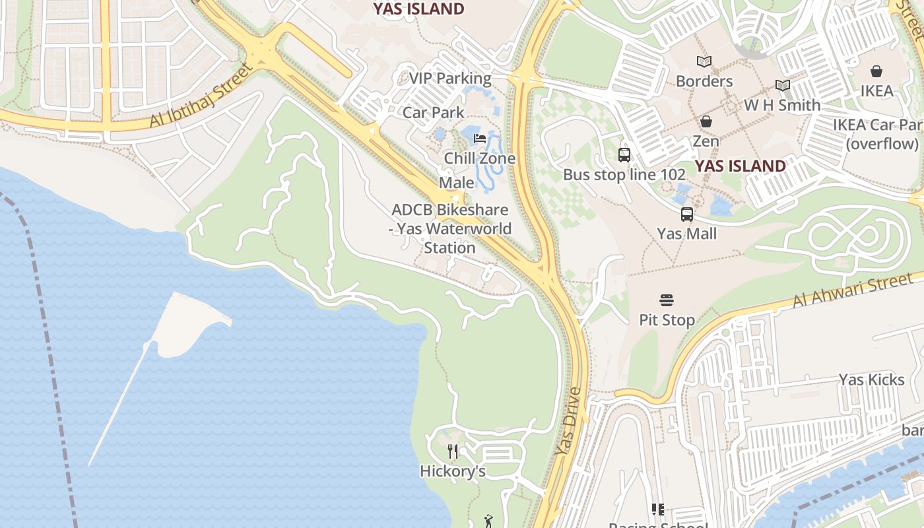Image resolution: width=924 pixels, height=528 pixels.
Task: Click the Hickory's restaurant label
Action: [x=453, y=471]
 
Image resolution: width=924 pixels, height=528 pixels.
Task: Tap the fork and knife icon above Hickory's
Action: [x=453, y=451]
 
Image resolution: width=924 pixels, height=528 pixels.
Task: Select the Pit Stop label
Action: [x=667, y=320]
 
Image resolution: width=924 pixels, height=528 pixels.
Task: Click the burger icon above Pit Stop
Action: [x=667, y=300]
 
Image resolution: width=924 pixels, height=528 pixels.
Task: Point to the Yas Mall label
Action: [x=686, y=234]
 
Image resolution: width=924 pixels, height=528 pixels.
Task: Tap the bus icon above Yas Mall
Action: [x=687, y=214]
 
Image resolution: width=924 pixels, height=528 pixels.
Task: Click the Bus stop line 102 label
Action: [x=624, y=175]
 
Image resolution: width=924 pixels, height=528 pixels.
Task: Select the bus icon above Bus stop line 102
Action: [x=624, y=155]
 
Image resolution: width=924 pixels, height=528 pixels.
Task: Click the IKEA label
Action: [x=876, y=91]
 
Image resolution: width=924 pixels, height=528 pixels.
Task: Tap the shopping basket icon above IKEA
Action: [x=876, y=71]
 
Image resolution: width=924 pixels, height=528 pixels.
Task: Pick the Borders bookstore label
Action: [x=704, y=81]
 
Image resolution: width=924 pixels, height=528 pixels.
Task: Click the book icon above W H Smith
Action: [x=783, y=86]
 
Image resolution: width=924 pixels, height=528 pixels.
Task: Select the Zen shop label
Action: [x=706, y=141]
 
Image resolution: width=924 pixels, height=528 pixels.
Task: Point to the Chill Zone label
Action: [x=479, y=158]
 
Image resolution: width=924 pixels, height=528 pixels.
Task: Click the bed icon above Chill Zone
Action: [x=480, y=139]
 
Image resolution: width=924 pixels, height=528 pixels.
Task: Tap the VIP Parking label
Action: [x=450, y=78]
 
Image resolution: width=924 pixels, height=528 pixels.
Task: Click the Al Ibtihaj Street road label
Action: [x=201, y=96]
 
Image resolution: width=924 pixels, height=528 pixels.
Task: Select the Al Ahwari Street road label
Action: [x=852, y=292]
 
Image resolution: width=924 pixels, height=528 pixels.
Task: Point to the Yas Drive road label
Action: [x=568, y=421]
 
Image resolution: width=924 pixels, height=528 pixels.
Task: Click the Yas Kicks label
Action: [x=871, y=379]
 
